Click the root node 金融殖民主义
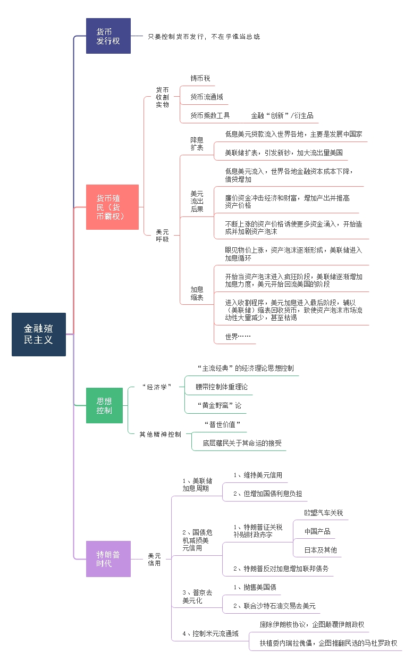tap(39, 335)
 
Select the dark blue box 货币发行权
tap(108, 36)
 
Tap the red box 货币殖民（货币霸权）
tap(112, 207)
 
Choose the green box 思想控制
tap(104, 406)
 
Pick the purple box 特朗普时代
tap(108, 559)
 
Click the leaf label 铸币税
tap(200, 78)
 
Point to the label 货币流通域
tap(207, 97)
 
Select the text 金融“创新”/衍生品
tap(282, 115)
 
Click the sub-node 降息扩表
tap(197, 144)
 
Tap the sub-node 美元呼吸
tap(163, 235)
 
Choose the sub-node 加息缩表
tap(197, 294)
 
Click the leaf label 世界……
tap(238, 337)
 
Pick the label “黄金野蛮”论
tap(220, 406)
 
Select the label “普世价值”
tap(222, 424)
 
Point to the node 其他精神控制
tap(161, 434)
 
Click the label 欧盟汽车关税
tap(324, 513)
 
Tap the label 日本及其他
tap(321, 550)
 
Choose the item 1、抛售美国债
tap(255, 587)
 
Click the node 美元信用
tap(154, 559)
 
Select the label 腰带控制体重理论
tap(222, 387)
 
